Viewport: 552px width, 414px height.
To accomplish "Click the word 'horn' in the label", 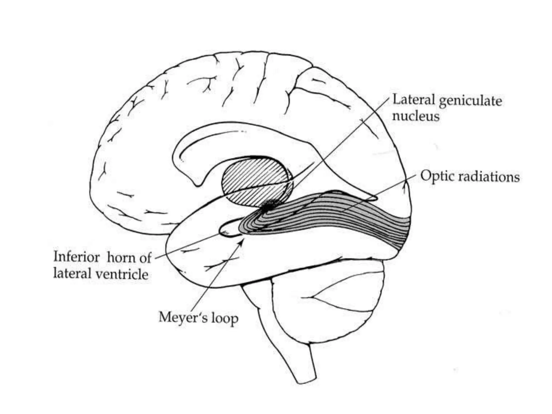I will click(122, 258).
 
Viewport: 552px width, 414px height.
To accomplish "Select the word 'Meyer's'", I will click(183, 318).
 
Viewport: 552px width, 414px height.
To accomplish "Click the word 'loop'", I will click(225, 318).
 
